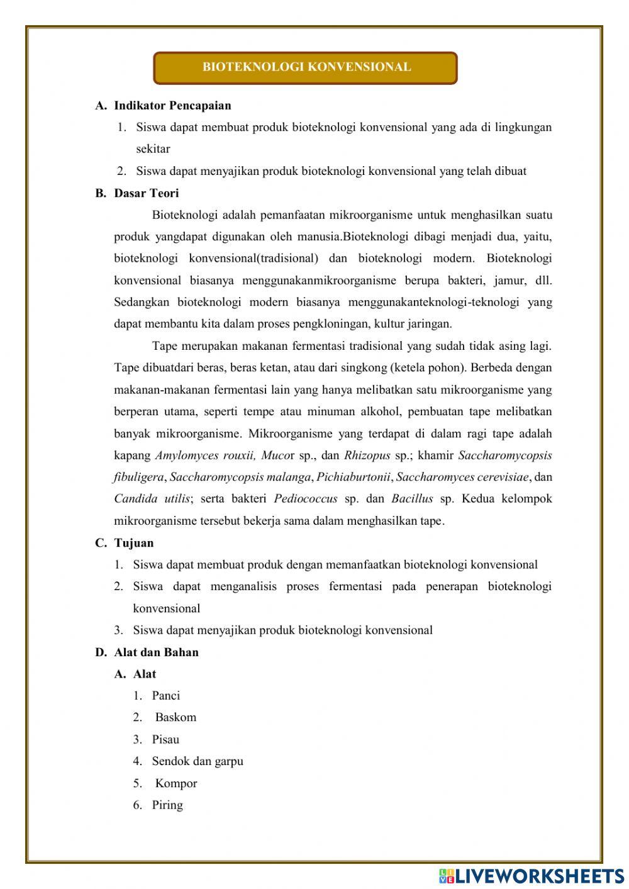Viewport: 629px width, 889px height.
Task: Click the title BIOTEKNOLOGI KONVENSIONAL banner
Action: pos(306,68)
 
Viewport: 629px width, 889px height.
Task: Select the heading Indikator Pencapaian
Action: pos(172,106)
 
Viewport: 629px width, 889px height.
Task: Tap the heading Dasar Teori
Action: pos(147,193)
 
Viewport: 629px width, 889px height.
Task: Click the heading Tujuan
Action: pos(134,543)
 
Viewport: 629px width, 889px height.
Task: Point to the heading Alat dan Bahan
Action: pos(156,652)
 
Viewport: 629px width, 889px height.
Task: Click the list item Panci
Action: pos(166,696)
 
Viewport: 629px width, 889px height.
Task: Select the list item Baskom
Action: pos(175,717)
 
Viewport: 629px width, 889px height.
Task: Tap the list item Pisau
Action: pos(165,740)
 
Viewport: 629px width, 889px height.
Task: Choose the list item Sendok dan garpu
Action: pos(198,761)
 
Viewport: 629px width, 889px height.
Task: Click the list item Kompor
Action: pos(176,783)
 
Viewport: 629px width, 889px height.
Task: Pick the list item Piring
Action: pos(167,805)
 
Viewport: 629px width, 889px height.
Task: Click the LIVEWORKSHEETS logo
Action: pos(532,875)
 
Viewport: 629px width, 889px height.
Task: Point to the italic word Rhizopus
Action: pos(367,456)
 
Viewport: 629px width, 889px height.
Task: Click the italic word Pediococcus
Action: pos(306,499)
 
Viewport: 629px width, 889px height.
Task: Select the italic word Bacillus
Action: pos(412,499)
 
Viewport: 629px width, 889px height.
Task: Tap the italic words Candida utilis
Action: pos(152,499)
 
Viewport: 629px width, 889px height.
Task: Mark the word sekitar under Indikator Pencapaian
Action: pos(153,149)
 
